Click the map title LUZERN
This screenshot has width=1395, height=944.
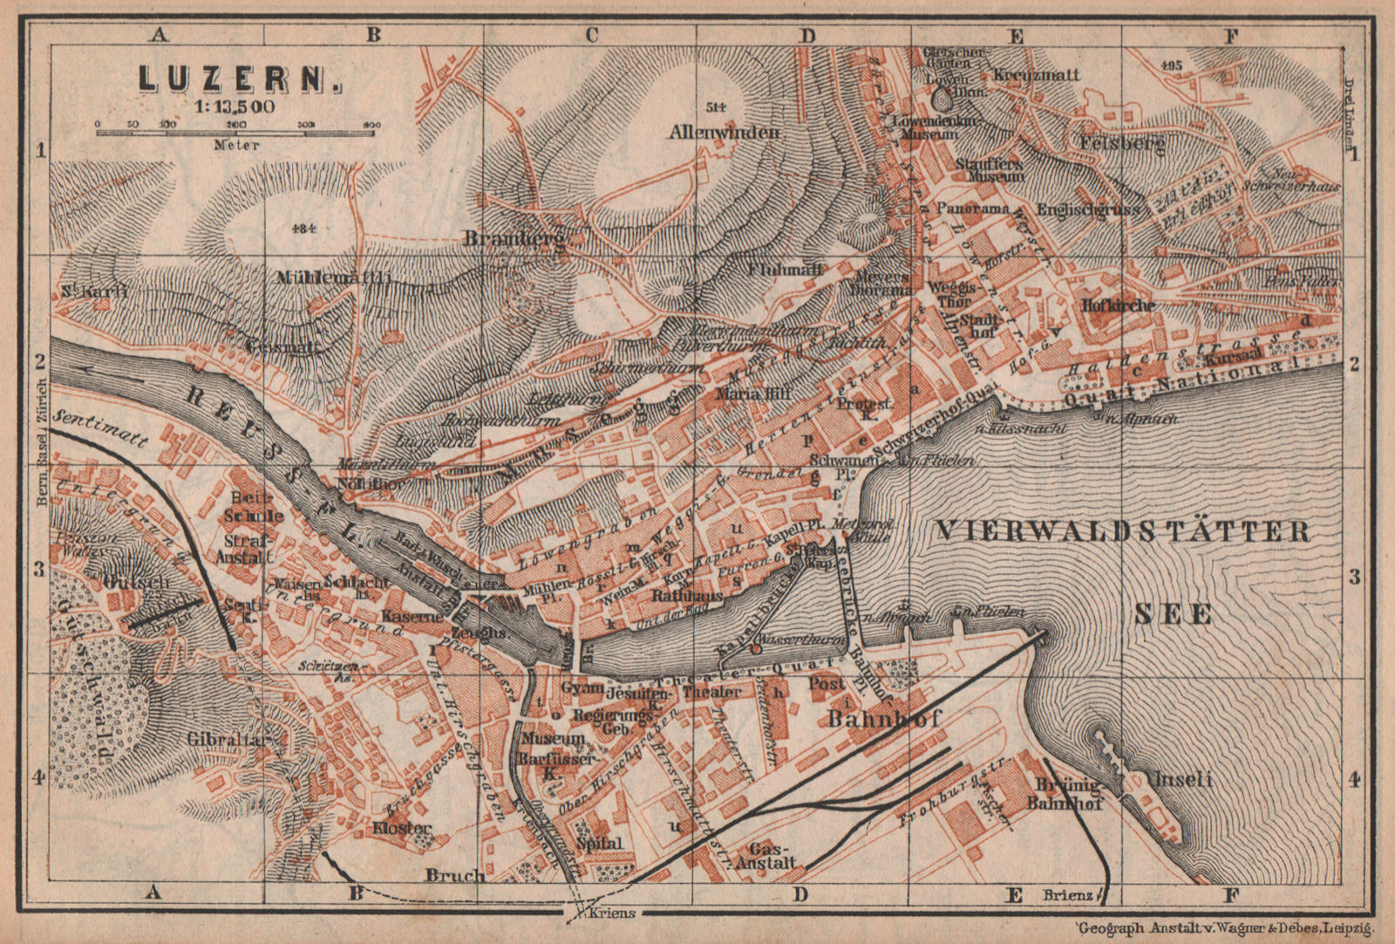[x=241, y=79]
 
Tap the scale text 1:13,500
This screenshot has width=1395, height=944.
[x=228, y=107]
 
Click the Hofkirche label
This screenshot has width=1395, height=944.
[x=1119, y=305]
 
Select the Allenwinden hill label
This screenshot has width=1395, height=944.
[x=724, y=133]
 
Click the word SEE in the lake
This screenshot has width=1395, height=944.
[x=1174, y=614]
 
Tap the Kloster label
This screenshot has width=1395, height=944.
[x=402, y=826]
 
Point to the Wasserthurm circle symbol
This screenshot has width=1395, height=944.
[x=756, y=648]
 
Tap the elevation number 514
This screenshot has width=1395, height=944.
[x=715, y=106]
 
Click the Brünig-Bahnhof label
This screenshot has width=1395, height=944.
[x=1071, y=792]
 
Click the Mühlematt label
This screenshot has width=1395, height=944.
[x=333, y=278]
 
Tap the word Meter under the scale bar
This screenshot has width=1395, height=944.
[x=236, y=145]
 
